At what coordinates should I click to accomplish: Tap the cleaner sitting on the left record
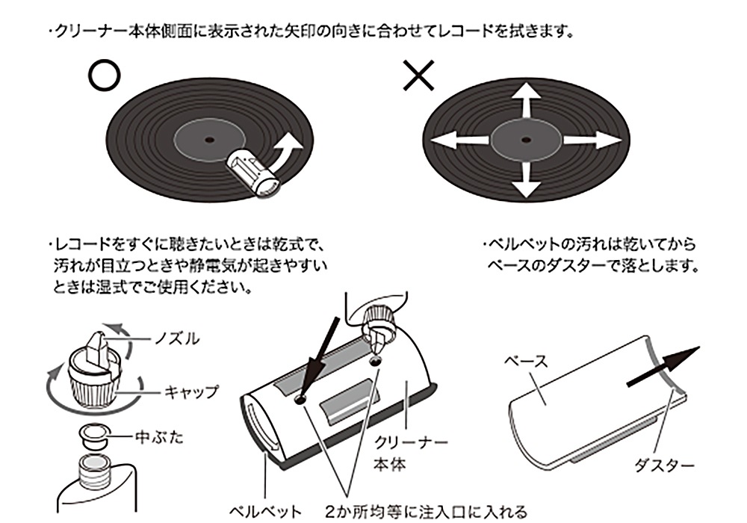(253, 170)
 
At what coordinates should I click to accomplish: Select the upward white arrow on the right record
(526, 101)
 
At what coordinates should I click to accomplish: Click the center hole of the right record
(526, 140)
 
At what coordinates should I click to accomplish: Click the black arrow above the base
(663, 368)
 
